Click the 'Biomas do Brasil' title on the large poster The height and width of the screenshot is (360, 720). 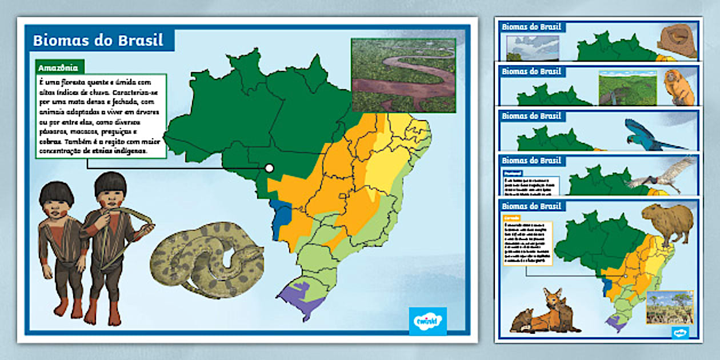click(98, 41)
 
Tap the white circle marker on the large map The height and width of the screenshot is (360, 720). click(269, 168)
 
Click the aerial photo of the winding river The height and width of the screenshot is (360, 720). click(403, 75)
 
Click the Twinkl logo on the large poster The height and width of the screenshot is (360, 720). click(427, 321)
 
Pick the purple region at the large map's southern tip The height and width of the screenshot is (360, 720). click(301, 298)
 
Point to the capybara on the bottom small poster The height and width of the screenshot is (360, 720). click(667, 222)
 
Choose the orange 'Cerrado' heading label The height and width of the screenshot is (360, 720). click(511, 218)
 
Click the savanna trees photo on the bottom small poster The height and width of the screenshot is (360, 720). click(669, 307)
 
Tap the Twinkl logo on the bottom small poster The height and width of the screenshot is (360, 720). click(679, 331)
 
